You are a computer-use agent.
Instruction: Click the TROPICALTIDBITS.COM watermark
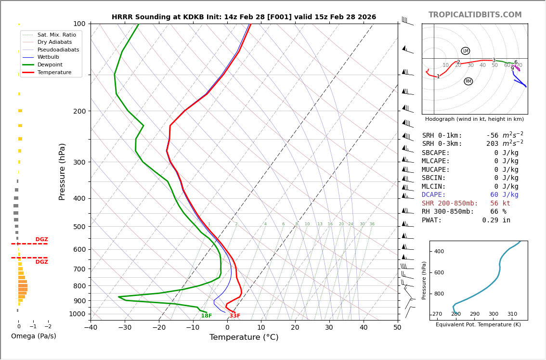click(x=475, y=15)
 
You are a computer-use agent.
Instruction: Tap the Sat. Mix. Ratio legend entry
click(x=56, y=35)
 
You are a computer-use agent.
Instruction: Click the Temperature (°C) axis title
click(x=244, y=337)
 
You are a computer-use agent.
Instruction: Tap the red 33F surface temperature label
click(x=234, y=316)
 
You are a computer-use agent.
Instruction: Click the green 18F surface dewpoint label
click(x=206, y=316)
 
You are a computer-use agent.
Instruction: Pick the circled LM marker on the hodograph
click(x=465, y=51)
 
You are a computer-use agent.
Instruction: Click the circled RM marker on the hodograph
click(x=468, y=81)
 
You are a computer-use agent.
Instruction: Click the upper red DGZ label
click(x=41, y=240)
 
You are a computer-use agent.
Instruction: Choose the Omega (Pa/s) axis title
click(x=33, y=336)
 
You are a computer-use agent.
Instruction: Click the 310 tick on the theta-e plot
click(x=512, y=314)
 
